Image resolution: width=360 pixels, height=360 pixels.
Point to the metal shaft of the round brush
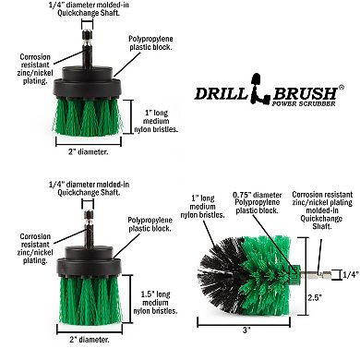pyautogui.click(x=310, y=274)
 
